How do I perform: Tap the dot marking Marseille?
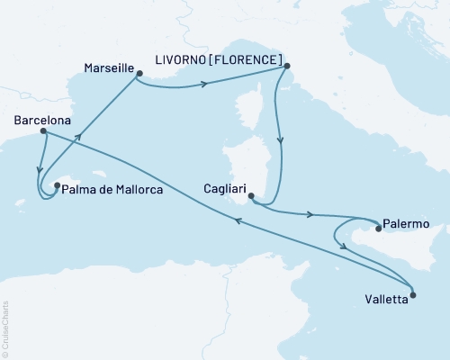(x=139, y=75)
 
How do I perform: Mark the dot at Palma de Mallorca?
(x=57, y=187)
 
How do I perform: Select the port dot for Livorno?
(x=286, y=65)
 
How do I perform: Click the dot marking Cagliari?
(x=251, y=195)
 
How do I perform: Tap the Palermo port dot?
(x=379, y=229)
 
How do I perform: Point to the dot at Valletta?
(x=412, y=294)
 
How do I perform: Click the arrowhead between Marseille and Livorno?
(x=204, y=85)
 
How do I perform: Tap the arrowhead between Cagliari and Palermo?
(x=311, y=215)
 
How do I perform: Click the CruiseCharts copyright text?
(x=5, y=328)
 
